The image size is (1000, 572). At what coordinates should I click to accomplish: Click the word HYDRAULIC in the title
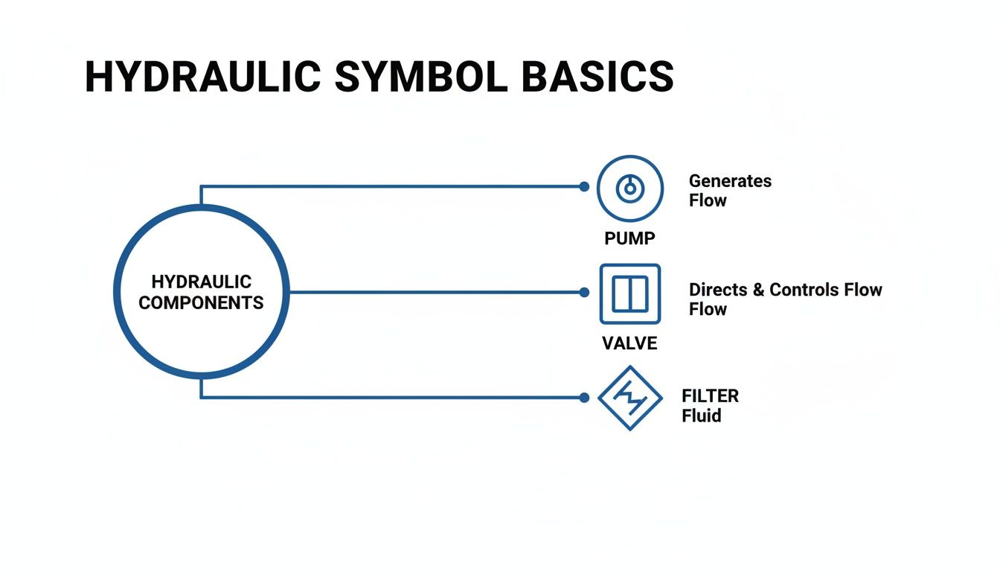click(203, 77)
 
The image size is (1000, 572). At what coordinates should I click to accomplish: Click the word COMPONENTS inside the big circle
click(201, 303)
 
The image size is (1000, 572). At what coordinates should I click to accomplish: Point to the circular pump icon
click(630, 188)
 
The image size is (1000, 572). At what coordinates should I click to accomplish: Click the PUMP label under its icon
click(629, 238)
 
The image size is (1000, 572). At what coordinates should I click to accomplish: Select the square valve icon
click(630, 293)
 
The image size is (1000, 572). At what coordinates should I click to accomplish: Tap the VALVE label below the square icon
click(629, 343)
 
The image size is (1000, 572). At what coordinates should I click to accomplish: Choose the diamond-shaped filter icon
click(630, 398)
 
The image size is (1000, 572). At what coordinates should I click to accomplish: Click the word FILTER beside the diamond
click(710, 396)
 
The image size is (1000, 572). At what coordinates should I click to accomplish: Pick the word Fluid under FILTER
click(701, 416)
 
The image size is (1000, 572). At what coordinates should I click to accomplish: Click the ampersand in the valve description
click(759, 290)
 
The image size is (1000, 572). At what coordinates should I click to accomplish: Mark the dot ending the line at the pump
click(584, 187)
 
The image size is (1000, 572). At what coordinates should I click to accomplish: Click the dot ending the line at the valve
click(584, 293)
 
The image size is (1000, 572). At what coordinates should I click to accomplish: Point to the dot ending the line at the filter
click(584, 398)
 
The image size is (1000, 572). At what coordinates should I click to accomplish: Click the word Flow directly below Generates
click(708, 200)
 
